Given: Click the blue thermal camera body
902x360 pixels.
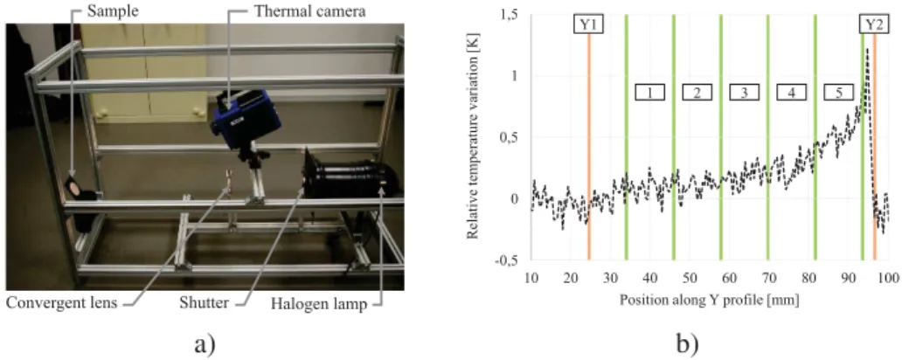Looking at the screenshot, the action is (246, 117).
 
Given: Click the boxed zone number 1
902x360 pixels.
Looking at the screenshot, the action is (649, 92).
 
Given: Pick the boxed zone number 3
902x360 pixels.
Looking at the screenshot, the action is (745, 92).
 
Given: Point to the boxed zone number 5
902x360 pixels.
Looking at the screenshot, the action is (839, 92).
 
